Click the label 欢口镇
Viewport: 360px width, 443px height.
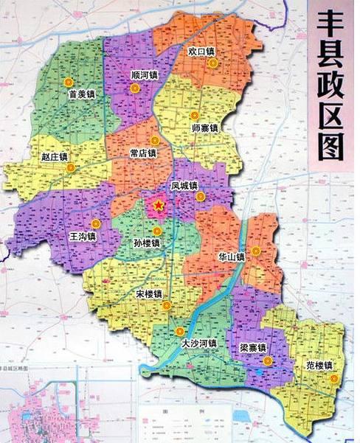[201, 52]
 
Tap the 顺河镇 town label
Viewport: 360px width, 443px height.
[145, 75]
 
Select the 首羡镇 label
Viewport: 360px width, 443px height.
[82, 94]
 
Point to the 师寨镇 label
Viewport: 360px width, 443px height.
[204, 128]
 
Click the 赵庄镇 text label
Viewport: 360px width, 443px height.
[54, 157]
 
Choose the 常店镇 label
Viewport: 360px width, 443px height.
[142, 153]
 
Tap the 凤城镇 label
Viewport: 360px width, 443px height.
[184, 186]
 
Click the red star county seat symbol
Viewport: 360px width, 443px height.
[158, 206]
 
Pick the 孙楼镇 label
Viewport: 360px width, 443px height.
[146, 243]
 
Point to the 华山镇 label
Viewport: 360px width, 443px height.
[230, 257]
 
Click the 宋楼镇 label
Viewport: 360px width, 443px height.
[150, 294]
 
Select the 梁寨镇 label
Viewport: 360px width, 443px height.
[252, 347]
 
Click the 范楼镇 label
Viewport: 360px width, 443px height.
[319, 365]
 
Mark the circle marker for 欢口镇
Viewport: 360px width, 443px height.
[213, 63]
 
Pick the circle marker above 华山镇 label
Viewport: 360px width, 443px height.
[255, 251]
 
